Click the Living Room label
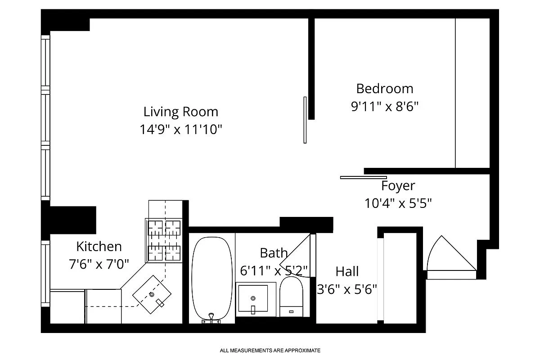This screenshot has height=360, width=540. (181, 112)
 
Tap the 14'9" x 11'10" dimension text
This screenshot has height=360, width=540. (181, 130)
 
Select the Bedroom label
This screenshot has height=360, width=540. (384, 88)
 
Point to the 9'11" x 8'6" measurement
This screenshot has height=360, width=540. (384, 107)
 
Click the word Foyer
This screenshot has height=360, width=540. (398, 186)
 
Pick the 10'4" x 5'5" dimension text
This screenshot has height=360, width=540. (398, 203)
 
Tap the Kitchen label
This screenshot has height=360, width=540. (99, 247)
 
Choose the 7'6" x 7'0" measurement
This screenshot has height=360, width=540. (99, 264)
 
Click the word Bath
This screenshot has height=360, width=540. (273, 253)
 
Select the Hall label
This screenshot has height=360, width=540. (347, 271)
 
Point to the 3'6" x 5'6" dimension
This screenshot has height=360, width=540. (347, 289)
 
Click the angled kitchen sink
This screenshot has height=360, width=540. (152, 295)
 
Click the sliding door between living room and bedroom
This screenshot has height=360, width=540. (305, 120)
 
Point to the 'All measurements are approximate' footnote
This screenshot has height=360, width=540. (270, 350)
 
